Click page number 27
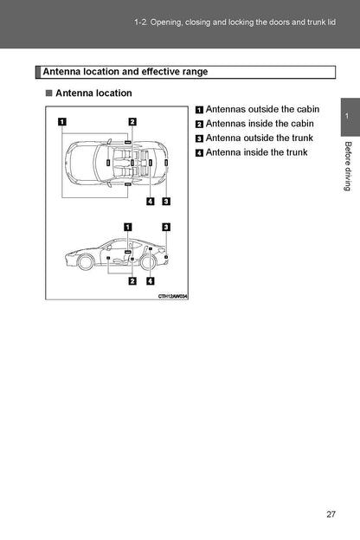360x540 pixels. pos(331,514)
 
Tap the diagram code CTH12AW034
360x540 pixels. pos(173,296)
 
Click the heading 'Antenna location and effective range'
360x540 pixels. pos(125,72)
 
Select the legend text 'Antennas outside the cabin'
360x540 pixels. pos(262,109)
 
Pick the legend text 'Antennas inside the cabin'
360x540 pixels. pos(260,124)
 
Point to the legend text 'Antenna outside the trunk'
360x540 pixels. pos(259,138)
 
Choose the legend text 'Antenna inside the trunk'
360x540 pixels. pos(256,152)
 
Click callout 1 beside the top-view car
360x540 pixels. pos(62,121)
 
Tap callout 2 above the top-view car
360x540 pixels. pos(132,121)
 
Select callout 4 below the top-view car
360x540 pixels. pos(151,201)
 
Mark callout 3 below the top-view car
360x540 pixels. pos(166,201)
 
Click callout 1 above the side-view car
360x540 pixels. pos(128,227)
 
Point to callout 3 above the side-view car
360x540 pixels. pos(166,227)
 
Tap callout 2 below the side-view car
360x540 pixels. pos(132,281)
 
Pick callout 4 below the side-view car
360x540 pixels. pos(151,281)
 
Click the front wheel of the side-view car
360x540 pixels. pos(85,262)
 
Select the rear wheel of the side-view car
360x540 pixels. pos(148,262)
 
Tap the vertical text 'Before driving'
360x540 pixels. pos(348,166)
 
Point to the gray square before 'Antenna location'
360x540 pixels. pos(49,93)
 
